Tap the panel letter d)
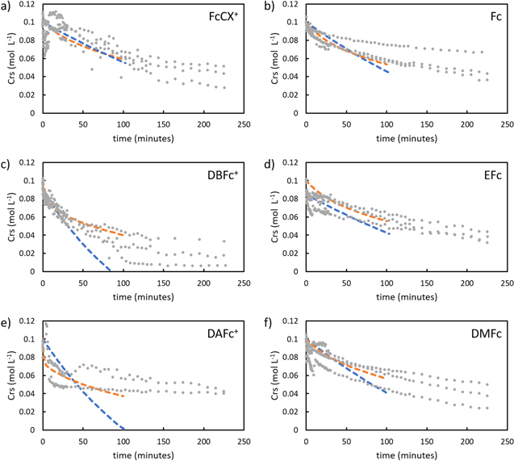click(272, 165)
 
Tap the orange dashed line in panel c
click(97, 227)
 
